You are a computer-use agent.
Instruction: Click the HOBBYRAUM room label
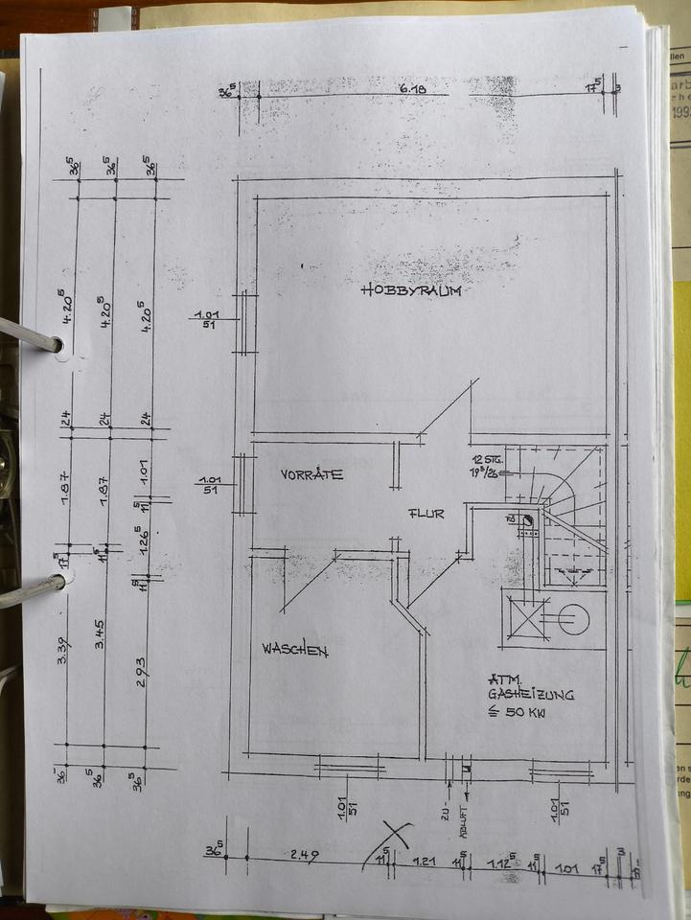coord(410,290)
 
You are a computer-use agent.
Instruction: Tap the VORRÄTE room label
coord(312,474)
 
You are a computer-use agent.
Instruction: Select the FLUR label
coord(425,514)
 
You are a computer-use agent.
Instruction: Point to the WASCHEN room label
coord(295,650)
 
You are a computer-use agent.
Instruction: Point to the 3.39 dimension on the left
coord(63,654)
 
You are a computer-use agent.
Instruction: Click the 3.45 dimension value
coord(102,654)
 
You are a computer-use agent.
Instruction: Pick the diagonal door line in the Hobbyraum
coord(449,408)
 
